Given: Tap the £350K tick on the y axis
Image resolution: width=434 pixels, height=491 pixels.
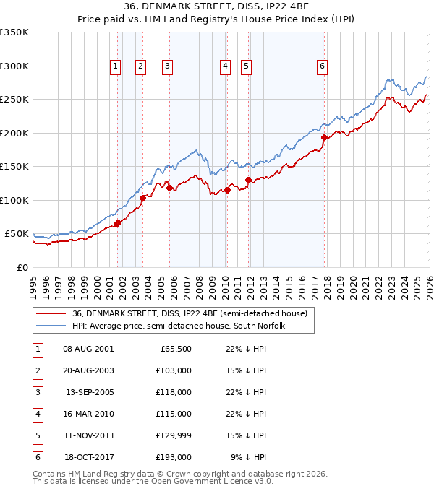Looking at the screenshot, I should [14, 32].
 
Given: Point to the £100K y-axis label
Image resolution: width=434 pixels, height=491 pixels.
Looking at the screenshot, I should [14, 200].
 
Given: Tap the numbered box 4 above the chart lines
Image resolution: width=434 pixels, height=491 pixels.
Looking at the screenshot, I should [226, 66].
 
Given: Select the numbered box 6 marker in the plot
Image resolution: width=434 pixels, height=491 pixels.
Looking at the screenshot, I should [322, 66].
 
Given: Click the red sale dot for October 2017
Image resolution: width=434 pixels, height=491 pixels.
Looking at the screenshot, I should [324, 137].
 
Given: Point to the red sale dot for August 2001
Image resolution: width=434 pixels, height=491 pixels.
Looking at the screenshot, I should [117, 223].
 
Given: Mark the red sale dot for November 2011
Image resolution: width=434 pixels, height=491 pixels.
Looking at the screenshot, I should [248, 180].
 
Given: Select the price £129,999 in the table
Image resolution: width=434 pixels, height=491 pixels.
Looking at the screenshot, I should [174, 435].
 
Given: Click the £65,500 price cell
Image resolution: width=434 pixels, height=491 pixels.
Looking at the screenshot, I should [176, 349].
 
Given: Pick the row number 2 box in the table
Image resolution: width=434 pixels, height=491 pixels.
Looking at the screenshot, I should [36, 371].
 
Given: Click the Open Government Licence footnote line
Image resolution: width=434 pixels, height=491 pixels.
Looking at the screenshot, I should [153, 481].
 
